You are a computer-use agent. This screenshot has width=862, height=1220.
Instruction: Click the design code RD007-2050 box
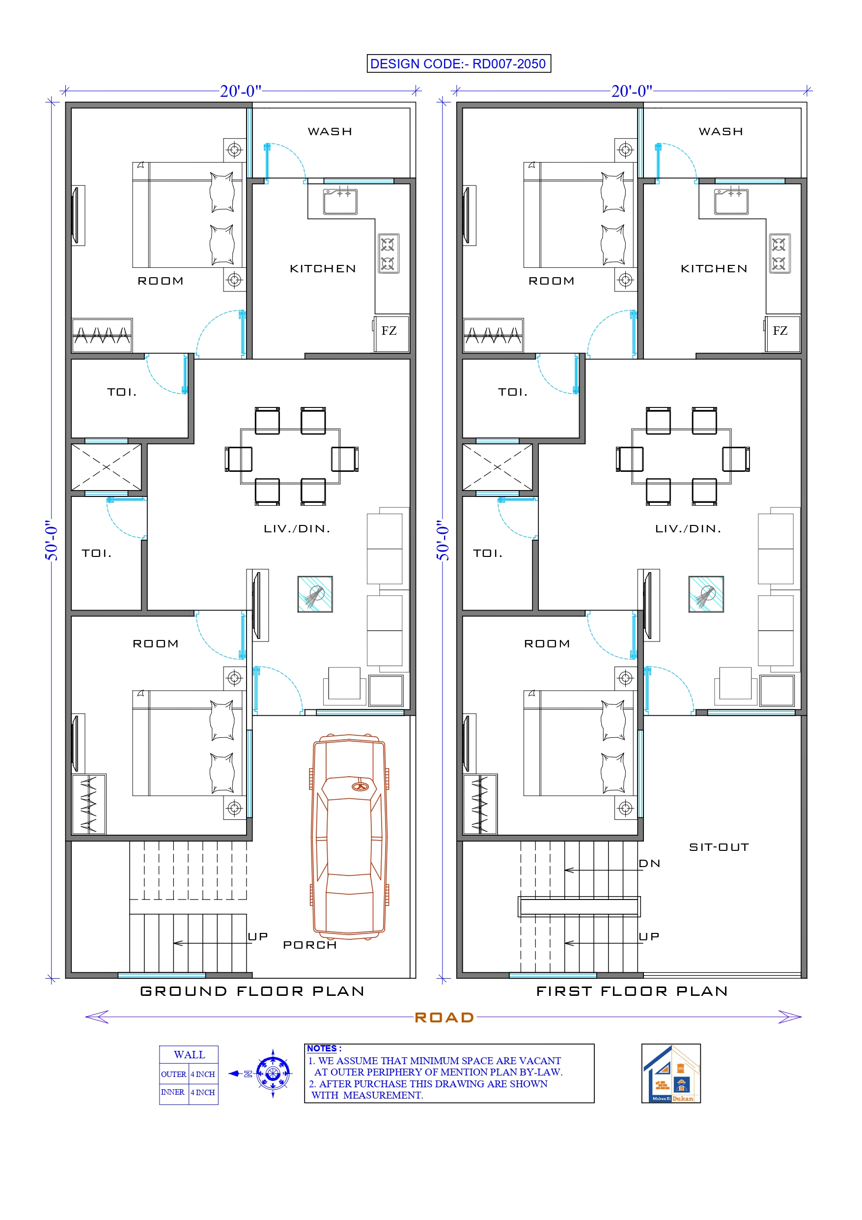pos(458,64)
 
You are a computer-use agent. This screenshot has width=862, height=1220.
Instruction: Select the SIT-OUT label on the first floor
pos(719,847)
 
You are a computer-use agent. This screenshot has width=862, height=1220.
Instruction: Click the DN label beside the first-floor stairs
pos(649,864)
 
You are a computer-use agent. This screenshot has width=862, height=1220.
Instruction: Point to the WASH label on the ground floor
pos(330,131)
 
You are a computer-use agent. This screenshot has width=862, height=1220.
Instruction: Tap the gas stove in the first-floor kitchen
pos(779,254)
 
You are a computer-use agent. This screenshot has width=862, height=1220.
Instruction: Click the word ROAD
pos(444,1017)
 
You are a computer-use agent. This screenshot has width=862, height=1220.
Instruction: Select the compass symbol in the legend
pos(273,1074)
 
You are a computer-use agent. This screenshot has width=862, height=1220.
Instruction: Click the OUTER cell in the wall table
pos(174,1074)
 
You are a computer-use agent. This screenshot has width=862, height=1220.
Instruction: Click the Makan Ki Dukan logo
pos(671,1073)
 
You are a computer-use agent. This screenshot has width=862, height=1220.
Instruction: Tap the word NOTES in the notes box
pos(322,1048)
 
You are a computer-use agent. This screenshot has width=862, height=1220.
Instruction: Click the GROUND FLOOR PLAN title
pos(252,991)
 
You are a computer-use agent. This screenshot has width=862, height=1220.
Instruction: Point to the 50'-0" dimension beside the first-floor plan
pos(443,540)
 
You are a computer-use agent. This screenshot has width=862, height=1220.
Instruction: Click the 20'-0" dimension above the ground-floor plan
pos(241,91)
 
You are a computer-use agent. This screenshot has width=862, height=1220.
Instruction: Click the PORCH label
pos(309,945)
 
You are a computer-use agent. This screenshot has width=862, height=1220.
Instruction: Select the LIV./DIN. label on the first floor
pos(688,529)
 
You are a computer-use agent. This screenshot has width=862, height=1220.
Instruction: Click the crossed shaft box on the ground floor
pos(106,467)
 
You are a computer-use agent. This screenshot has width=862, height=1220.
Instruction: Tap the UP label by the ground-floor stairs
pos(257,936)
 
